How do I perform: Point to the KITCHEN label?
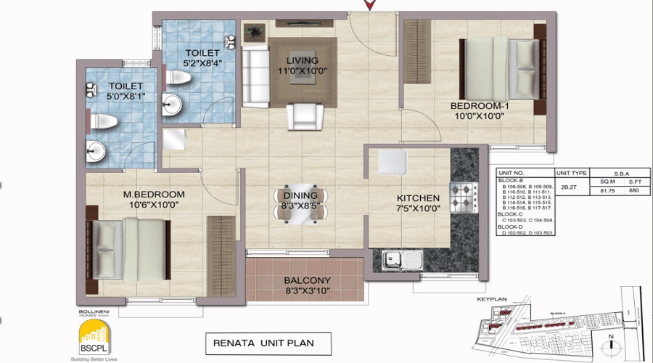[x=417, y=197]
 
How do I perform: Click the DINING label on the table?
[x=300, y=195]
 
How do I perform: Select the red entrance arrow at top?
[x=369, y=6]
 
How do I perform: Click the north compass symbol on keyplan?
[x=611, y=340]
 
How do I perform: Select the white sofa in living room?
[x=254, y=76]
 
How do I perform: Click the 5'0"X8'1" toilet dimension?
[x=107, y=96]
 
